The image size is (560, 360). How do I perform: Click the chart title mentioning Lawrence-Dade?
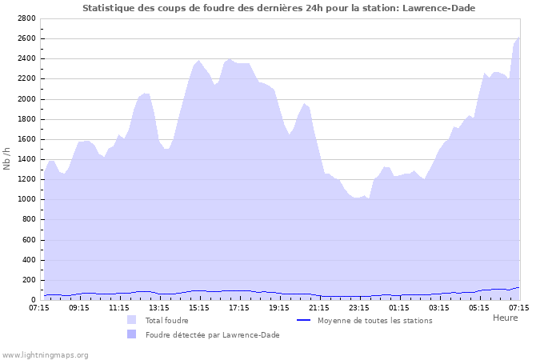tap(283, 8)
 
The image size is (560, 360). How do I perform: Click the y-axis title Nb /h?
tap(7, 158)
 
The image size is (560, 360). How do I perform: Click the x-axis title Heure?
tap(505, 318)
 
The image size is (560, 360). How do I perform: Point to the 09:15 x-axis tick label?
tap(79, 307)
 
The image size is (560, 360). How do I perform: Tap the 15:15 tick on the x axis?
tap(199, 307)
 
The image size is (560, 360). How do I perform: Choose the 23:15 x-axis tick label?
tap(359, 307)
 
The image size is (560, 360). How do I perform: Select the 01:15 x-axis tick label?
tap(399, 307)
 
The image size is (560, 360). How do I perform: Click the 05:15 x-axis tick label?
tap(479, 307)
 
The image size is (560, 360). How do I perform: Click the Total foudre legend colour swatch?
tap(131, 320)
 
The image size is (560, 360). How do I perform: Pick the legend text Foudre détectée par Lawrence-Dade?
tap(212, 334)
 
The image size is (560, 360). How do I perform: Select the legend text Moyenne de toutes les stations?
tap(374, 320)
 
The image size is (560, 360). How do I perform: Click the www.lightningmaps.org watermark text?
tap(45, 354)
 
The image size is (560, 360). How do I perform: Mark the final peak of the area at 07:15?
tap(518, 38)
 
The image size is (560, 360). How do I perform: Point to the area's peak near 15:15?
tap(199, 61)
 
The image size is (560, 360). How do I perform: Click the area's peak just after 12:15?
tap(145, 93)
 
